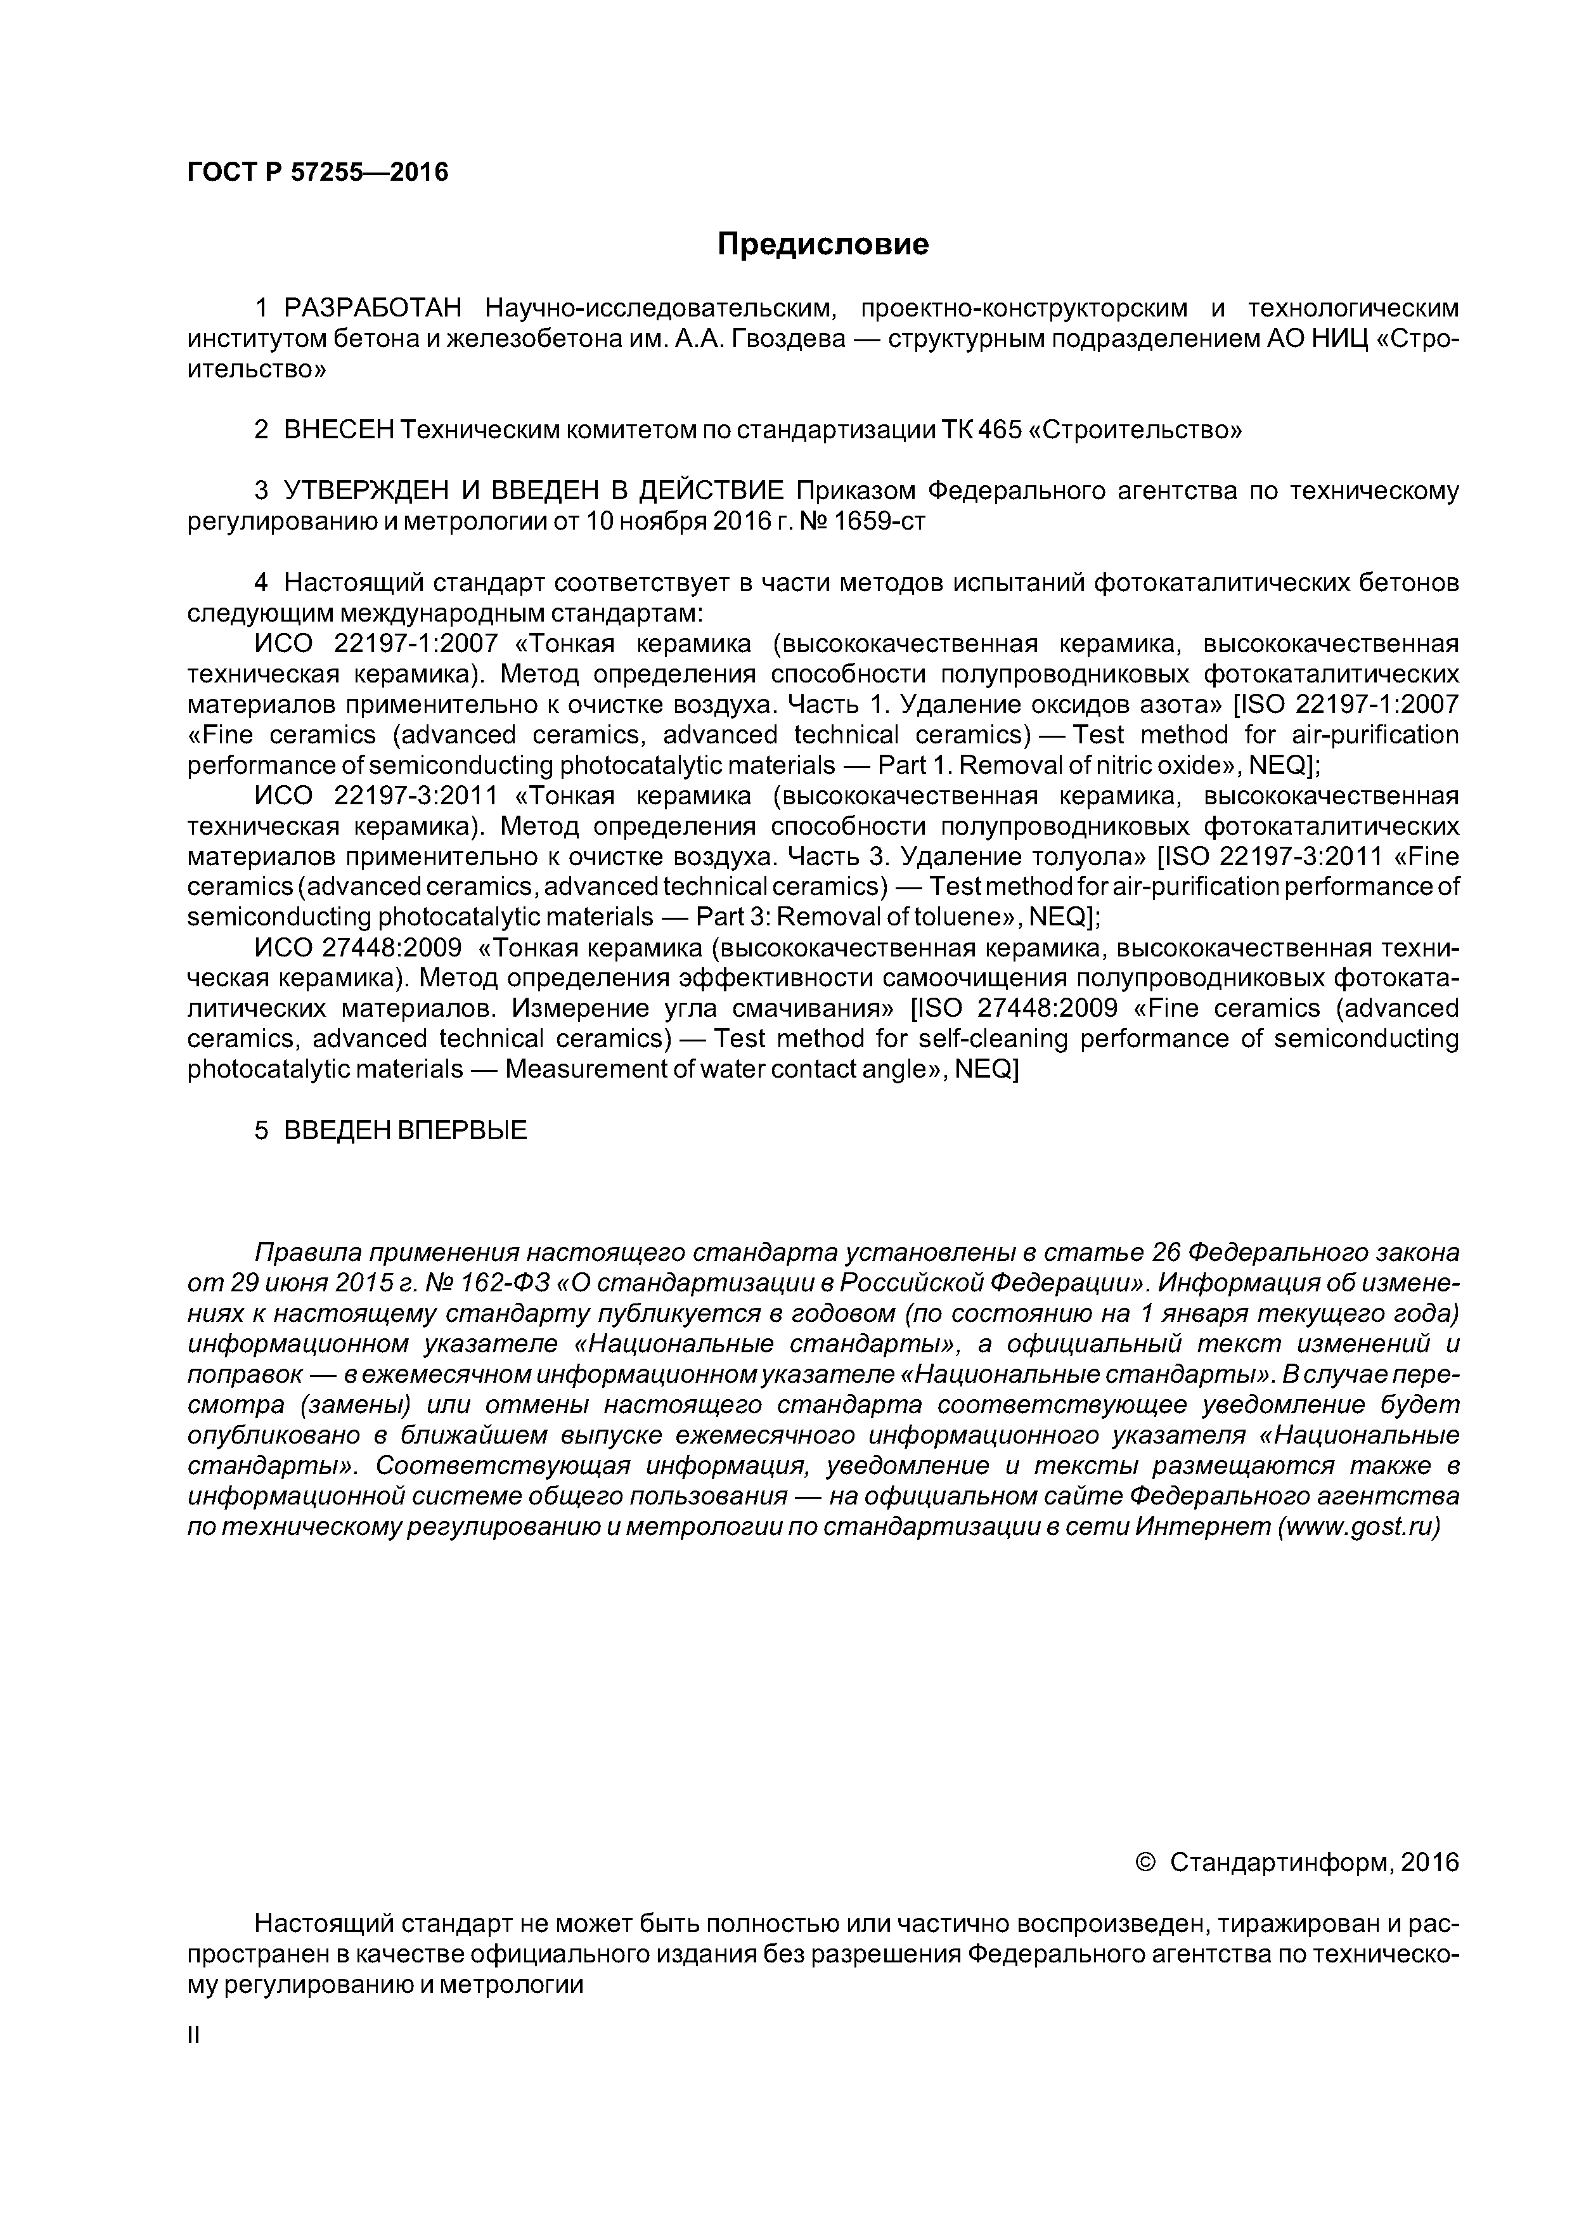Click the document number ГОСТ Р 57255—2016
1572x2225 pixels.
click(318, 173)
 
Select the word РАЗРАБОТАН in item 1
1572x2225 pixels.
click(373, 308)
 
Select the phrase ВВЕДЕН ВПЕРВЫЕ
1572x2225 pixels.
click(405, 1130)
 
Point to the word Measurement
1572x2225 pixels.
click(591, 1069)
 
